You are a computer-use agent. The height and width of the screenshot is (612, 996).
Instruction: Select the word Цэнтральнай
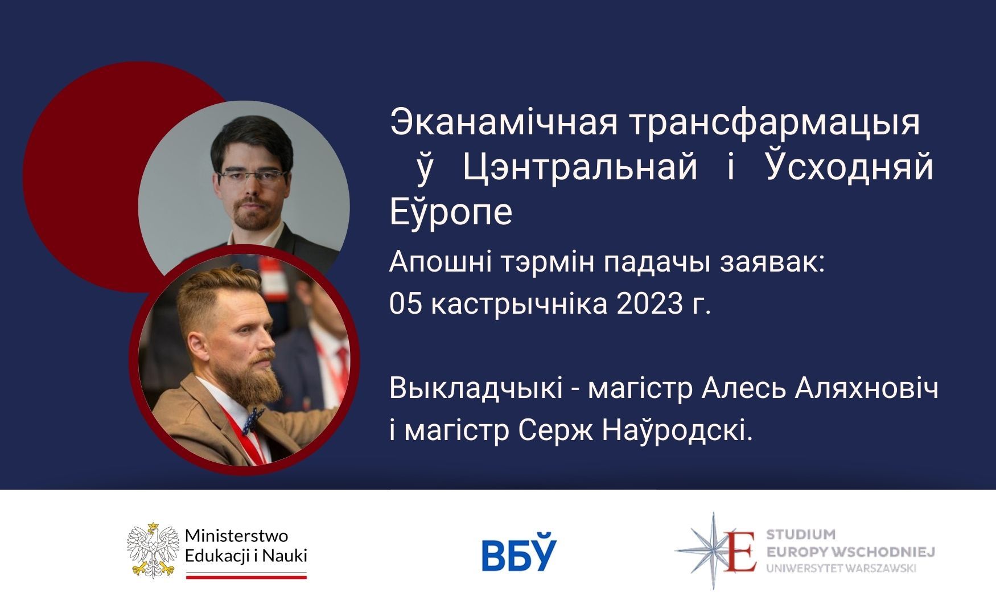pyautogui.click(x=580, y=169)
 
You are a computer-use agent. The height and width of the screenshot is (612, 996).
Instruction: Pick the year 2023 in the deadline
pyautogui.click(x=648, y=304)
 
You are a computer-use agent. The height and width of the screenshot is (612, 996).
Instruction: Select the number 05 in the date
pyautogui.click(x=405, y=304)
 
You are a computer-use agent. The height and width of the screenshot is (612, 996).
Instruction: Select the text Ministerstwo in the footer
pyautogui.click(x=237, y=536)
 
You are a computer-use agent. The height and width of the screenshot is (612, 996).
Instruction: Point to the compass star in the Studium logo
pyautogui.click(x=713, y=550)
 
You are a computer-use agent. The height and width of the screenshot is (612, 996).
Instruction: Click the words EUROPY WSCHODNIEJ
pyautogui.click(x=851, y=552)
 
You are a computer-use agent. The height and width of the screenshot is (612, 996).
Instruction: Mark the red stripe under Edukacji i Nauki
pyautogui.click(x=246, y=577)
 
